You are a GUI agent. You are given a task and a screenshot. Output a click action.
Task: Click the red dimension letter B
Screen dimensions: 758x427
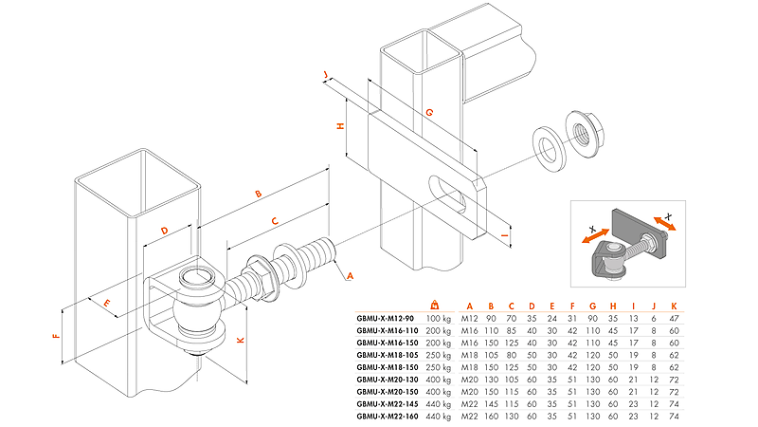point(258,195)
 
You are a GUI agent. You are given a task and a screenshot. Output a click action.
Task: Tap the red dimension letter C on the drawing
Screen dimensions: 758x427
point(275,221)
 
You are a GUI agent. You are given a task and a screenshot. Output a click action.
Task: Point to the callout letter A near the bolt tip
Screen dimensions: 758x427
point(350,276)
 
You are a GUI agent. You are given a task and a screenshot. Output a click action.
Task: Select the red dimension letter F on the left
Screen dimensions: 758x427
point(56,335)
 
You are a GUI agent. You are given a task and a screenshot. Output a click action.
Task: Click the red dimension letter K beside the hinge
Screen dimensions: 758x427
point(241,341)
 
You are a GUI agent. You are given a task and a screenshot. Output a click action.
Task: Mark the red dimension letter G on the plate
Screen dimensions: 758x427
point(429,112)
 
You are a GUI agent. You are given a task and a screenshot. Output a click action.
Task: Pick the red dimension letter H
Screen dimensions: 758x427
point(340,126)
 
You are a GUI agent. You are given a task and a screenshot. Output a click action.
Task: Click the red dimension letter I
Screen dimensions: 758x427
point(505,235)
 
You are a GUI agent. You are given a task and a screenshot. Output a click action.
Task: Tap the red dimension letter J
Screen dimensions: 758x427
point(326,75)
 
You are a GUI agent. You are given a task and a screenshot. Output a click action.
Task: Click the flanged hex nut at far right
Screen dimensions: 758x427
point(585,133)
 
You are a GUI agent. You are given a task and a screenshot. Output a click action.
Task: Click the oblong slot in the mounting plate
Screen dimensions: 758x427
point(448,195)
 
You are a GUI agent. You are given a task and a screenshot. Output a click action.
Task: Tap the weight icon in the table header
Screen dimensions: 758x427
point(435,305)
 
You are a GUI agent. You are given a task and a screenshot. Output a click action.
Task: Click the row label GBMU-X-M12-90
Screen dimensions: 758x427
point(386,319)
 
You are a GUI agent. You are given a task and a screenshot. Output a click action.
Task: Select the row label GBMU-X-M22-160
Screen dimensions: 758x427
point(388,417)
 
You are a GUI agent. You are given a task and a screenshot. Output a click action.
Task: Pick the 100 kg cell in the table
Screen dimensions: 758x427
point(438,319)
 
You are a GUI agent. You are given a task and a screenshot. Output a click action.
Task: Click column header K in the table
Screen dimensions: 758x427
point(674,306)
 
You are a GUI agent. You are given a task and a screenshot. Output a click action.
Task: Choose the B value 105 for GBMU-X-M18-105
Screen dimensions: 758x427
point(491,355)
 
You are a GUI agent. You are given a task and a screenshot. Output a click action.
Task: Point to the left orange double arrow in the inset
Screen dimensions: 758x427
point(596,236)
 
